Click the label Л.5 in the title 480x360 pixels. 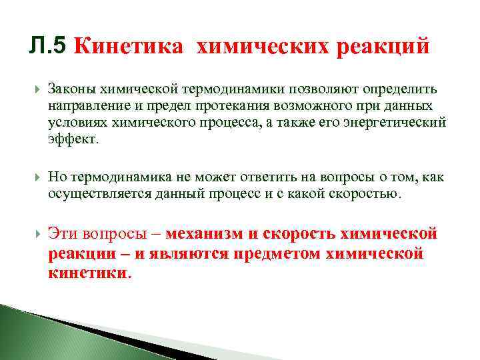click(x=49, y=46)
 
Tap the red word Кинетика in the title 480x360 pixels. click(x=127, y=47)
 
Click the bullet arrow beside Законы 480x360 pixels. click(x=37, y=89)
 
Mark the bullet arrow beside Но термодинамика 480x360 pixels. click(x=37, y=177)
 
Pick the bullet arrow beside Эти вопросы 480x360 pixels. click(x=37, y=235)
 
